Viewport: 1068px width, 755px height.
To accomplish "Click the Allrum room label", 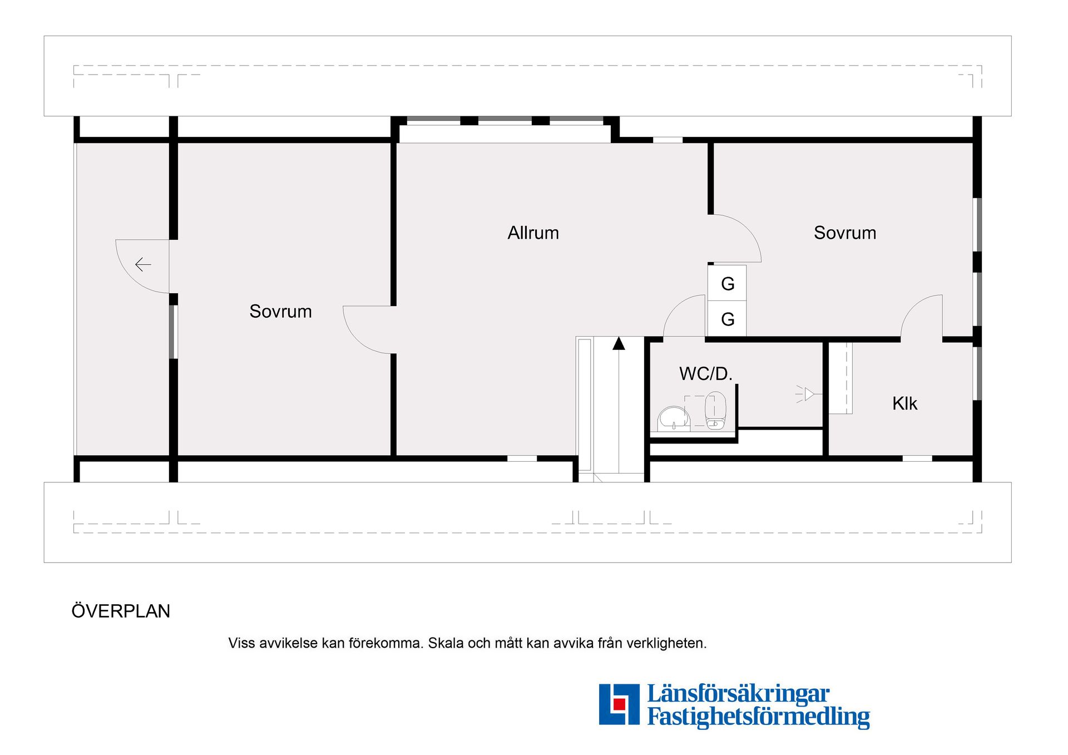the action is (533, 233).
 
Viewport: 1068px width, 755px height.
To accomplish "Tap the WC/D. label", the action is (706, 373).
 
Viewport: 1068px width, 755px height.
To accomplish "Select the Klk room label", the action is (904, 403).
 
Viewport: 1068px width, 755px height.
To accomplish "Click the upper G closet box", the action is (727, 283).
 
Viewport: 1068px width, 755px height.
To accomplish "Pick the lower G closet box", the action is (727, 319).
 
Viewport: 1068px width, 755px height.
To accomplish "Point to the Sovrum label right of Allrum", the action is (845, 233).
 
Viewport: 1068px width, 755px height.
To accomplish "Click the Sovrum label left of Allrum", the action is (280, 311).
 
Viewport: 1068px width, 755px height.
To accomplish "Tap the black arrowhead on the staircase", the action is (619, 343).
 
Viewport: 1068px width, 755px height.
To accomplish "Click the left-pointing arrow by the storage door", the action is (143, 264).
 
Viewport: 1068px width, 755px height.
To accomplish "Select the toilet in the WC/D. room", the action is (715, 411).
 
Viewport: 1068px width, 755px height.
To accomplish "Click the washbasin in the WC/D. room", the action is (674, 418).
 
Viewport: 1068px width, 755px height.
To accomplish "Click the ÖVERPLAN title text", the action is (121, 611).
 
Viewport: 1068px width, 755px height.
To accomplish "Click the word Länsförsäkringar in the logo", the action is (738, 694).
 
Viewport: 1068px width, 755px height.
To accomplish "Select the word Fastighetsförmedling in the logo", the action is (758, 717).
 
